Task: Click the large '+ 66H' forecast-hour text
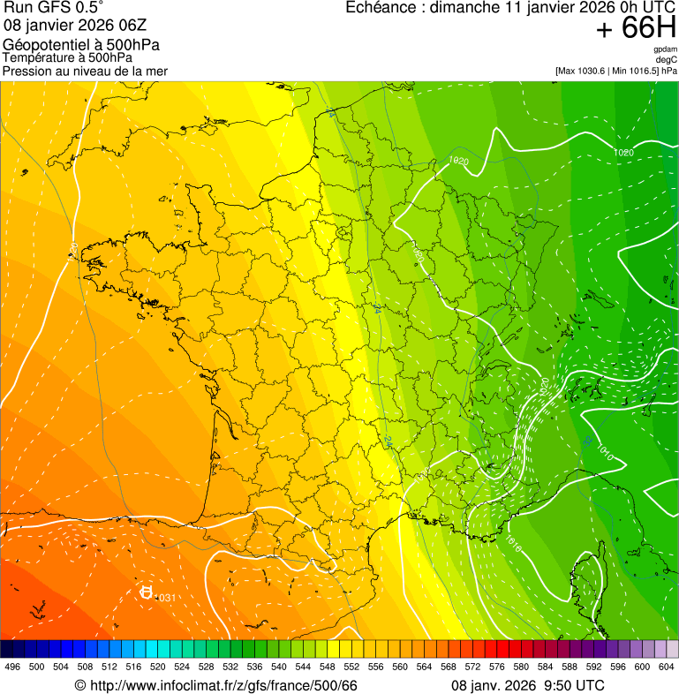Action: click(636, 29)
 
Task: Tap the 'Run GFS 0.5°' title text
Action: click(54, 9)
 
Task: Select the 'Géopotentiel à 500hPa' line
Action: click(81, 45)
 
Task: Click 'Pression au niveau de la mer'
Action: click(85, 71)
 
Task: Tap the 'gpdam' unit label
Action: click(666, 49)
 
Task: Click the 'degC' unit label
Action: click(668, 60)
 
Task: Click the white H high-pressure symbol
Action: click(147, 592)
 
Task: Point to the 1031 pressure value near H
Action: click(165, 599)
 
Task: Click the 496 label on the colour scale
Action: click(12, 667)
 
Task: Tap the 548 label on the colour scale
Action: click(327, 667)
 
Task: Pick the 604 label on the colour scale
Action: click(666, 667)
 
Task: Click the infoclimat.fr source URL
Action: click(216, 686)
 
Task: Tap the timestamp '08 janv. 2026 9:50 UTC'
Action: click(527, 686)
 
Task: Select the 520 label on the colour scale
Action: click(157, 667)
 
